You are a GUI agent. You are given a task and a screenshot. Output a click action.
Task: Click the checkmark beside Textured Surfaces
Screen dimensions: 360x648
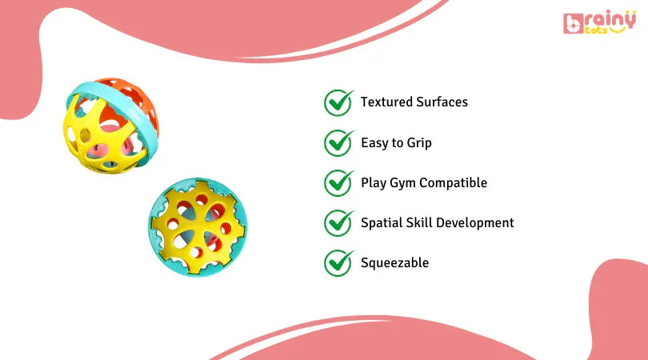pyautogui.click(x=338, y=102)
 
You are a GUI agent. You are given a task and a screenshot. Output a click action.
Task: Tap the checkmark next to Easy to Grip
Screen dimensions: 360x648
pyautogui.click(x=338, y=143)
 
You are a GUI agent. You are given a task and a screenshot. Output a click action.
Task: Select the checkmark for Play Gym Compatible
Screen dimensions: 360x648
pyautogui.click(x=338, y=182)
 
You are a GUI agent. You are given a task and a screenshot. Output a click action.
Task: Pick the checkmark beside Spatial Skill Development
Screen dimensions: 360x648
pyautogui.click(x=338, y=222)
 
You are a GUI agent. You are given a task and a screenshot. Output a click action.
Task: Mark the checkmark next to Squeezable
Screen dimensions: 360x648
pyautogui.click(x=338, y=262)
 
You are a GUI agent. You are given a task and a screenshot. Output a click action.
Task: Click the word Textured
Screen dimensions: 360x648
pyautogui.click(x=386, y=102)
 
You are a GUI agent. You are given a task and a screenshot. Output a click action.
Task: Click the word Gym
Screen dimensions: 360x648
pyautogui.click(x=404, y=183)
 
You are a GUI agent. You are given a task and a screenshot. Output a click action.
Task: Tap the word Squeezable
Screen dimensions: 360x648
pyautogui.click(x=394, y=263)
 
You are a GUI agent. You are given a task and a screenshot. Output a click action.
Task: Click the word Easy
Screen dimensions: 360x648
pyautogui.click(x=375, y=143)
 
